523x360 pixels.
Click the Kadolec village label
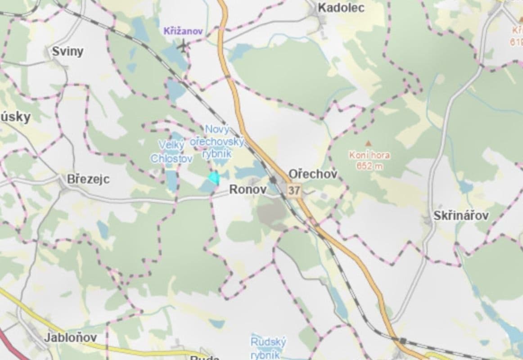341,8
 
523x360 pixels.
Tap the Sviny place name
68,51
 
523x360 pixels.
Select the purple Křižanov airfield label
183,31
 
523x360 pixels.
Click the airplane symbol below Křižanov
183,45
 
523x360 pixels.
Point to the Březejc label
88,179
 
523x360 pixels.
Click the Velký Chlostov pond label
171,152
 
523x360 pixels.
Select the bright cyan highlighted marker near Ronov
214,178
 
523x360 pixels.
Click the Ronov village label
248,189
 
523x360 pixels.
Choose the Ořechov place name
312,174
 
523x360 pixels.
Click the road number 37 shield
294,190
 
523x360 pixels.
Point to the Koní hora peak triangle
368,144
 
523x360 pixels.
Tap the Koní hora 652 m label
370,160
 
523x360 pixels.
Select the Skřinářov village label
461,216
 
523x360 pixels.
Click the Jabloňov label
70,337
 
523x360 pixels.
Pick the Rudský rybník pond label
268,348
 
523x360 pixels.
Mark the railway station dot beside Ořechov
273,180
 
